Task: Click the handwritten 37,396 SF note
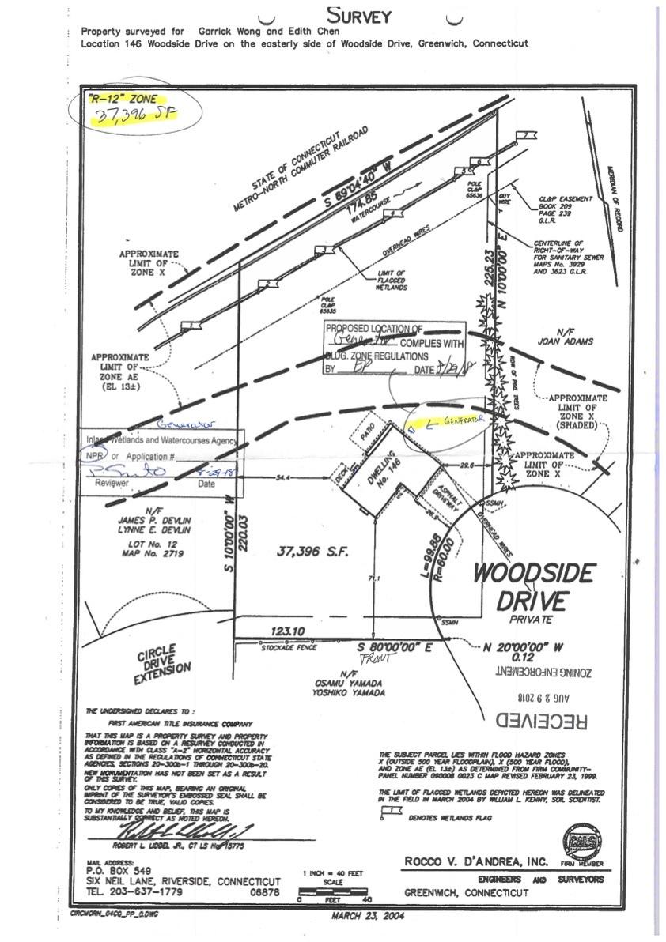tap(133, 116)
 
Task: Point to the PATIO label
tap(365, 432)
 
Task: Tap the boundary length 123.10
tap(287, 631)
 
